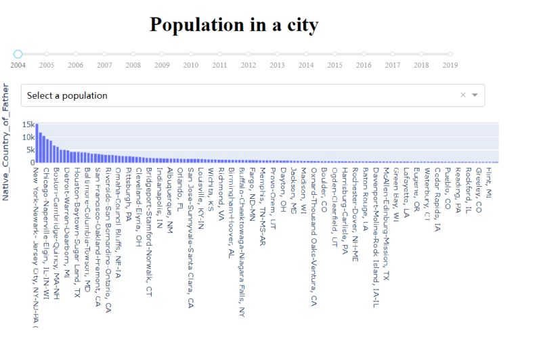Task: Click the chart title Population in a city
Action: [x=234, y=25]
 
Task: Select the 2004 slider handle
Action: [x=18, y=53]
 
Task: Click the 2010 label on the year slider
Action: [x=191, y=65]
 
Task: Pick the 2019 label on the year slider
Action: [x=450, y=65]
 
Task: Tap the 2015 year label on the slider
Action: [x=334, y=65]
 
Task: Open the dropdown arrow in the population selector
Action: [x=475, y=95]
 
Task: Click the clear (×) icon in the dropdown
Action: [x=463, y=95]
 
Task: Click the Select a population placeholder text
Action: [x=67, y=95]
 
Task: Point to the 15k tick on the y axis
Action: [x=28, y=125]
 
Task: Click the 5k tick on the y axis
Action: [x=30, y=150]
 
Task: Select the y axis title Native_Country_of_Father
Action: [x=5, y=141]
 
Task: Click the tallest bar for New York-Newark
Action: [x=37, y=143]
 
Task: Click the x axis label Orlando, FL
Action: [x=180, y=183]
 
